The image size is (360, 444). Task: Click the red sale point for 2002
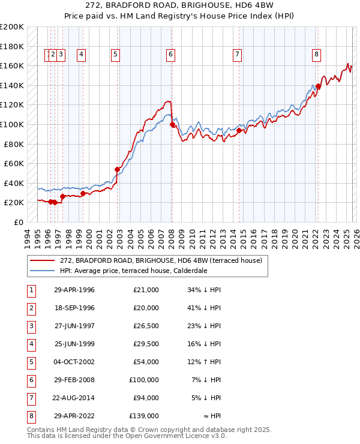(118, 169)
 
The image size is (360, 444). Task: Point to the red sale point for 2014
(239, 130)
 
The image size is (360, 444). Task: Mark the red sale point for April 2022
(318, 86)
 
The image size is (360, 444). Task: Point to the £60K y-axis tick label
(13, 163)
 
